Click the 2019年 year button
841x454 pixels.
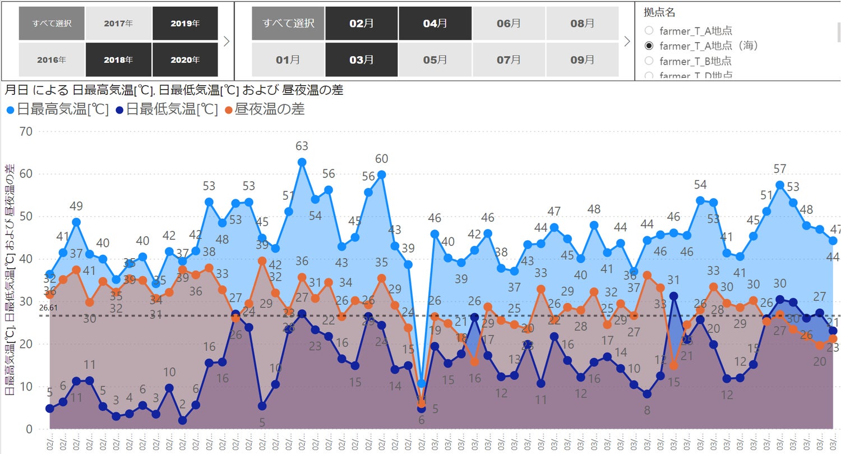point(185,24)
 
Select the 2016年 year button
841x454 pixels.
point(52,59)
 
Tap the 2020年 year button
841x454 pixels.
point(185,59)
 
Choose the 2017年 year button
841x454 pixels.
point(118,24)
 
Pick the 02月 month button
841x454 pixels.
point(361,24)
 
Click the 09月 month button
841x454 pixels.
point(583,59)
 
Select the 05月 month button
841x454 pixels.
point(435,59)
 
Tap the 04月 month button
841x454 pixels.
point(435,24)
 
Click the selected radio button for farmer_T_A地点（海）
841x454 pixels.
point(649,45)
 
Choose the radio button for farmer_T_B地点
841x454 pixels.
point(649,61)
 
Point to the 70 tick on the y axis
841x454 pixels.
point(26,131)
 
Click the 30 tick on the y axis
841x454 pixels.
point(26,301)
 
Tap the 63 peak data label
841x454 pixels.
point(302,146)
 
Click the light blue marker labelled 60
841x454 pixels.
point(381,175)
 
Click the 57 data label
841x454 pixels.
point(780,169)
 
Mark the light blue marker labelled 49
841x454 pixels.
point(76,222)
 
